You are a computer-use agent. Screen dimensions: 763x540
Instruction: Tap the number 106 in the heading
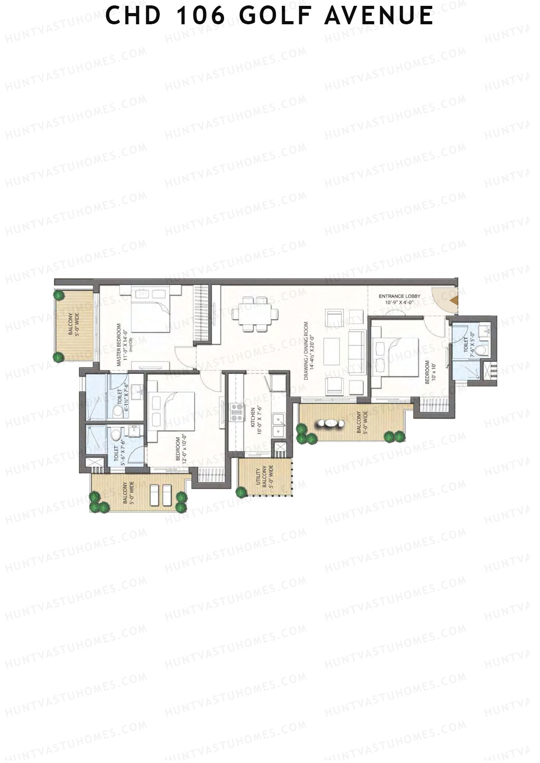click(x=201, y=16)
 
